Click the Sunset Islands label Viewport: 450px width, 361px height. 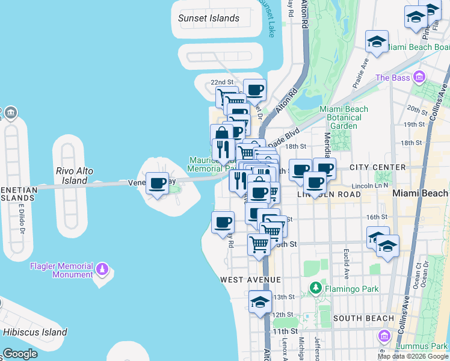click(x=209, y=18)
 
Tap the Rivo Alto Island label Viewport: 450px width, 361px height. click(x=75, y=176)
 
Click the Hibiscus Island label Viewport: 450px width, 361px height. click(x=35, y=332)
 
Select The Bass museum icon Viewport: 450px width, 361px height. click(x=419, y=77)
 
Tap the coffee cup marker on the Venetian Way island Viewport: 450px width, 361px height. click(x=158, y=184)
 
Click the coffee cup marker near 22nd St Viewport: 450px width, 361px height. click(x=254, y=90)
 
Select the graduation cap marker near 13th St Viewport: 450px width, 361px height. click(x=260, y=302)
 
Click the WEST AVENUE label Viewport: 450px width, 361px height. click(x=250, y=280)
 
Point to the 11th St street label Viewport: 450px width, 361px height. click(x=280, y=331)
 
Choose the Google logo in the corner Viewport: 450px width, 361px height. click(x=20, y=354)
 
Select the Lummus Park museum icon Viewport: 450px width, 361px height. click(x=383, y=336)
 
